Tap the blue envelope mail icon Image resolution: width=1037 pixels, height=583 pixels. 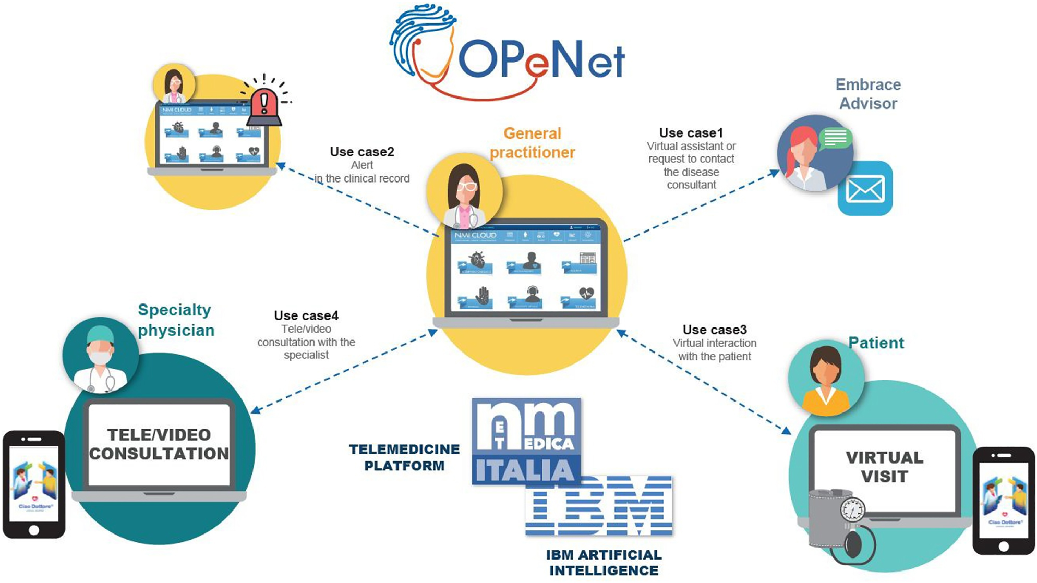coord(865,189)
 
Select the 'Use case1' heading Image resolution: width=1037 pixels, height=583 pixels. coord(691,133)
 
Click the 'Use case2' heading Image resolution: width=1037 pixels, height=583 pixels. coord(362,152)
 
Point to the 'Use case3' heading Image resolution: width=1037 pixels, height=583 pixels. coord(715,330)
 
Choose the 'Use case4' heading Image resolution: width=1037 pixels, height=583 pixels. coord(306,315)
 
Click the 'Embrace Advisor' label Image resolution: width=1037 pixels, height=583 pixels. coord(868,94)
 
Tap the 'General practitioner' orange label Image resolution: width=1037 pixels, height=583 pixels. coord(532,143)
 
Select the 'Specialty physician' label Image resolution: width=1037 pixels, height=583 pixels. coord(176,320)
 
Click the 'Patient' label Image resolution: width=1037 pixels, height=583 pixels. coord(876,343)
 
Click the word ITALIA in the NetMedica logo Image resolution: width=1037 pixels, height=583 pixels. coord(525,470)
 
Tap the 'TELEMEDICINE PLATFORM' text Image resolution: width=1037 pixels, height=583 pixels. coord(404,457)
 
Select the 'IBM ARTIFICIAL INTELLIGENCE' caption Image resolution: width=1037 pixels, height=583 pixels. coord(604,563)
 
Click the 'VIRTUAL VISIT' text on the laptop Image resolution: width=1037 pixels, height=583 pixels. coord(884,467)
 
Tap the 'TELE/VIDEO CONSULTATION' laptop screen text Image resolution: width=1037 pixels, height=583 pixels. coord(159,444)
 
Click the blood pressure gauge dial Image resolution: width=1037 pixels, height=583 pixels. coord(852,510)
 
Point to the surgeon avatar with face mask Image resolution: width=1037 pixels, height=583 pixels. coord(100,356)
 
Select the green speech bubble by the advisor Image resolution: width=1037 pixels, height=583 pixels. coord(835,138)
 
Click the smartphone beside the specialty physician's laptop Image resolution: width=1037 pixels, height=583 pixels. coord(34,484)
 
